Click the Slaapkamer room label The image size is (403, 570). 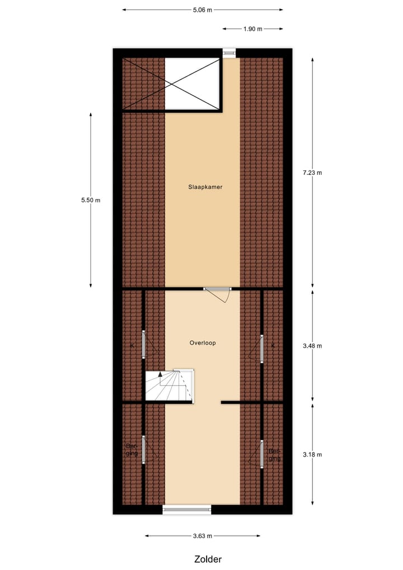click(x=205, y=187)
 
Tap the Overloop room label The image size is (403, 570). click(x=203, y=342)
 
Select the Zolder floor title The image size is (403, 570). click(x=208, y=559)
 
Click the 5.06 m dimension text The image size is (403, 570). click(x=202, y=10)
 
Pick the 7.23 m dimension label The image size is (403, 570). click(x=312, y=173)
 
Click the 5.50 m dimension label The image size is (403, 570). click(x=90, y=200)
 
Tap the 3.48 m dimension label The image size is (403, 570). click(x=312, y=346)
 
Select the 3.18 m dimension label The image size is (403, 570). click(x=312, y=455)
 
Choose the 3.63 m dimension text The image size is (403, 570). click(x=202, y=536)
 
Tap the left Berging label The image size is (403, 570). click(x=132, y=449)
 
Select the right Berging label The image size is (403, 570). click(x=274, y=455)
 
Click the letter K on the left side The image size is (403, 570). click(x=132, y=345)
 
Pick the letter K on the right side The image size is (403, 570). click(x=273, y=345)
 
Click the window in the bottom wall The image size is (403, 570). click(x=187, y=509)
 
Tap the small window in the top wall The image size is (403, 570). click(x=229, y=53)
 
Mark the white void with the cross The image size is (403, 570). click(x=191, y=84)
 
